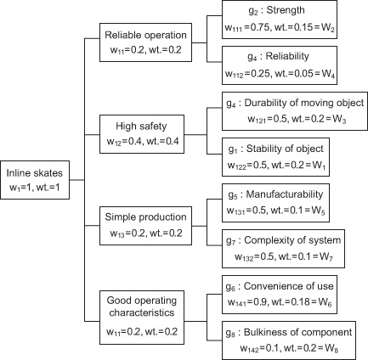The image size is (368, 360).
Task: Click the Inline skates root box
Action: click(35, 180)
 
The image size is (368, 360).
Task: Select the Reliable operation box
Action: click(145, 42)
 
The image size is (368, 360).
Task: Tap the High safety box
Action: click(142, 134)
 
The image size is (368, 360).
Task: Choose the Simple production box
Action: click(145, 226)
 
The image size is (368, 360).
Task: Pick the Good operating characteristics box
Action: click(142, 318)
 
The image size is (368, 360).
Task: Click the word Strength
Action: click(286, 10)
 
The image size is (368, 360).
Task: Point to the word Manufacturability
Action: click(285, 194)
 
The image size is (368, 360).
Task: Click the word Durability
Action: click(265, 103)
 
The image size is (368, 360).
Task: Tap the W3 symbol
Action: click(339, 119)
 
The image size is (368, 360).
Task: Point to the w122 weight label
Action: click(237, 166)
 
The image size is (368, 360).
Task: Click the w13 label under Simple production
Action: click(117, 233)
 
